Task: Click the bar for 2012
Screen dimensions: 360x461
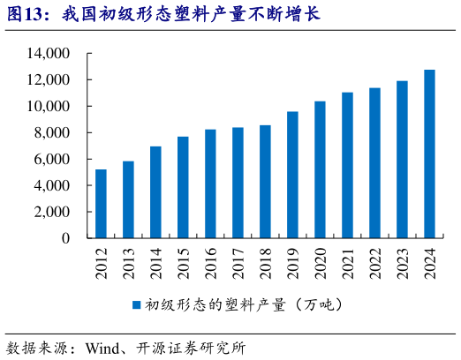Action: point(101,204)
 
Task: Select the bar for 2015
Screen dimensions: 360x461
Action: point(183,187)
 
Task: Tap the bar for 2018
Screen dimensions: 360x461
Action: point(265,182)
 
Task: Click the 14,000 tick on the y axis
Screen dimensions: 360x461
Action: point(49,54)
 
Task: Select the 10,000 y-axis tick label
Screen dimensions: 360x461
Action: point(49,107)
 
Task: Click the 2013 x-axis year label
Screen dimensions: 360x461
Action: point(129,263)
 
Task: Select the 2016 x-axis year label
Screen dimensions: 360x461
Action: point(211,263)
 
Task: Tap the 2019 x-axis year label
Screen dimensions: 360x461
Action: point(293,263)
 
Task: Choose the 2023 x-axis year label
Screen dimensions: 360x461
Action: point(403,263)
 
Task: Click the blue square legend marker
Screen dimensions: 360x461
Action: point(137,304)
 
